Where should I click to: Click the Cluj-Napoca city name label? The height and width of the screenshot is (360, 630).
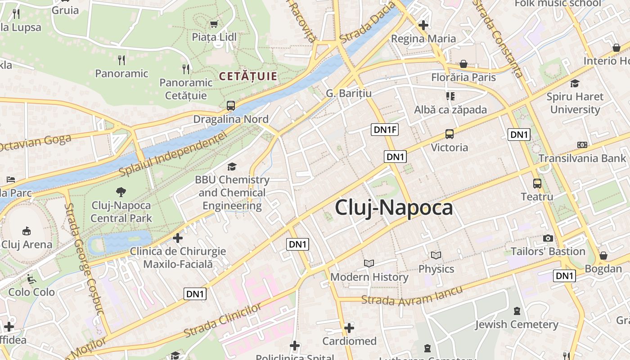pos(394,208)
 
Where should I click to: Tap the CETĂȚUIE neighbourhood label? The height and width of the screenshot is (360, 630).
pos(248,76)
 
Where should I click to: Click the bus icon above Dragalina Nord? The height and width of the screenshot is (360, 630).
pos(231,106)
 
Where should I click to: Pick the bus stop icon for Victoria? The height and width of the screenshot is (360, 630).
pos(449,134)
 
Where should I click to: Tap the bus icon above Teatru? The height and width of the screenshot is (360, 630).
pos(537,183)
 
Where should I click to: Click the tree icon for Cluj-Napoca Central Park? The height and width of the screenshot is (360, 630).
pos(121,192)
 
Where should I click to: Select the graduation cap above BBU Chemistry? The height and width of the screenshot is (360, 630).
pos(232,167)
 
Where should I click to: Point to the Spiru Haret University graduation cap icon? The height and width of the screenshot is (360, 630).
pos(575,83)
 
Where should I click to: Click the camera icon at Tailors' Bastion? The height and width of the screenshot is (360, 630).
pos(548,238)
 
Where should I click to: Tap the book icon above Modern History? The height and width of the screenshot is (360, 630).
pos(369,263)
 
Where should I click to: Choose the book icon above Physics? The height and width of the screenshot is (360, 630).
pos(436,255)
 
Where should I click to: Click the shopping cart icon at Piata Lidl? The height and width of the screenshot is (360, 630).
pos(214,24)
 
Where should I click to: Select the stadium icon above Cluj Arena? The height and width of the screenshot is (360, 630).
pos(27,231)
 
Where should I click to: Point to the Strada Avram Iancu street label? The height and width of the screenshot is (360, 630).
pos(412,296)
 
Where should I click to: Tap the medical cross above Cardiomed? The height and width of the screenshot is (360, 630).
pos(349,328)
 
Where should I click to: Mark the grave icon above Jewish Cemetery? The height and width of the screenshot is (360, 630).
pos(517,310)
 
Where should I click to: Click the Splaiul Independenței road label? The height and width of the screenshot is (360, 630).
pos(172,153)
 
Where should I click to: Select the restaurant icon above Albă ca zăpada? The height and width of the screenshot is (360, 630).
pos(450,96)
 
